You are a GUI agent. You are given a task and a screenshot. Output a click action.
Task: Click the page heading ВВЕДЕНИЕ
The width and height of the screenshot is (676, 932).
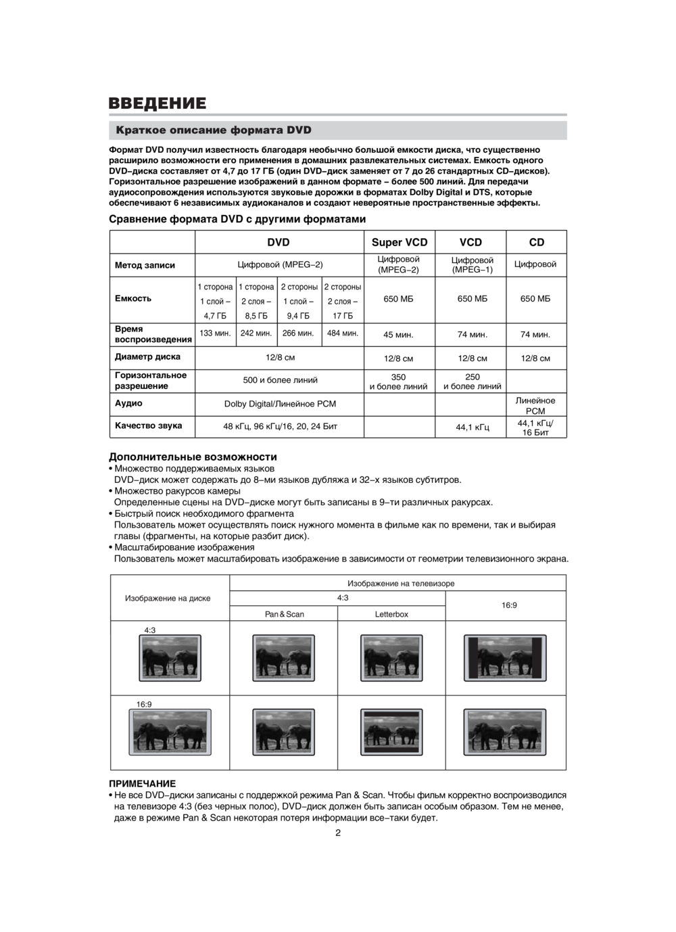coord(158,103)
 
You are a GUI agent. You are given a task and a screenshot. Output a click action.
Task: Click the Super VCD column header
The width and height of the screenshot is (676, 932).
coord(400,242)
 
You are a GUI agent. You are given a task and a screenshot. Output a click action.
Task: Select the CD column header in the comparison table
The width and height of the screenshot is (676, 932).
coord(536,242)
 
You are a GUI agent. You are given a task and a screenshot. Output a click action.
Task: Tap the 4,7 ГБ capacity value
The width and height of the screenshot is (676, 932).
coord(215,316)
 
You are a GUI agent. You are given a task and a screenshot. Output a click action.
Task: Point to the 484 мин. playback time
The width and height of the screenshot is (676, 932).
coord(343,333)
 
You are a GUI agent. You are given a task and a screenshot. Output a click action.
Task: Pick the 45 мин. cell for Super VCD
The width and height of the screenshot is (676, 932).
coord(398,335)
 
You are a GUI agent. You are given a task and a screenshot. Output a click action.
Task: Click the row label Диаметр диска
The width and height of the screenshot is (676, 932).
coord(147,356)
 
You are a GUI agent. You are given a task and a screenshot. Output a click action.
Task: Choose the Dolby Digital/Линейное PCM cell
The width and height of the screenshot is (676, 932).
coord(280,404)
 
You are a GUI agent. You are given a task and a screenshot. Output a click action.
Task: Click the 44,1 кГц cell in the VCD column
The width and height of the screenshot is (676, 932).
coord(473,427)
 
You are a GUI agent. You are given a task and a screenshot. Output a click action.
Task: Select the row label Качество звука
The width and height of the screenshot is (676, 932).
coord(148,425)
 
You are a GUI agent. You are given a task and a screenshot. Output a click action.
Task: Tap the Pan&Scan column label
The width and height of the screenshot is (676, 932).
coord(284,614)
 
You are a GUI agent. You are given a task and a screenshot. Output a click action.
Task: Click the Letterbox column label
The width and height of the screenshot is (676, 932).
coord(391,614)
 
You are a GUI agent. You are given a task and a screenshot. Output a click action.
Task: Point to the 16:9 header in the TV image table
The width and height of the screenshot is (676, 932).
coord(509,605)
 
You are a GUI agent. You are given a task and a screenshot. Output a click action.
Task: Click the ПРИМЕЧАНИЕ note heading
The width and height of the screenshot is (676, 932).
coord(143,783)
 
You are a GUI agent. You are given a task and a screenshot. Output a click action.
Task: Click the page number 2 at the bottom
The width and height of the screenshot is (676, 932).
coord(338,833)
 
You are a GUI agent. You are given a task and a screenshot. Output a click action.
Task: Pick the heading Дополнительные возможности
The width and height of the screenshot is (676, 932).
coord(193,457)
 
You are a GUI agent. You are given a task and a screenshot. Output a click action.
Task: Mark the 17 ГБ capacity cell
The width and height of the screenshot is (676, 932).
coord(343,316)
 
